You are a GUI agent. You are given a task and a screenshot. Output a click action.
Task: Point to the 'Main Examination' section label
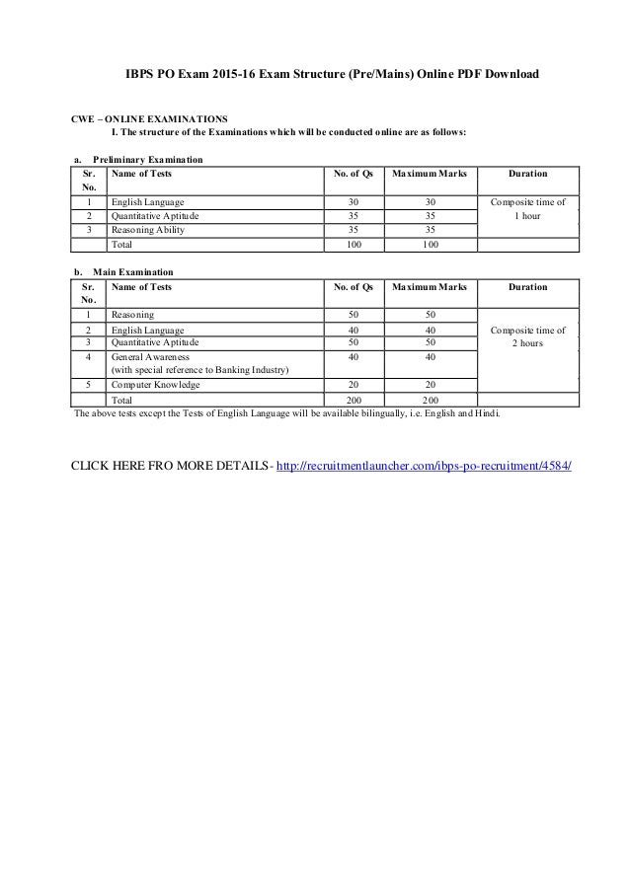(x=132, y=271)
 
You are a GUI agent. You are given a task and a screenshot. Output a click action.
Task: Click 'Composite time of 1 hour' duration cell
(x=527, y=207)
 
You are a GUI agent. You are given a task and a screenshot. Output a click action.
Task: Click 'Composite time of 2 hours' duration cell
(x=527, y=336)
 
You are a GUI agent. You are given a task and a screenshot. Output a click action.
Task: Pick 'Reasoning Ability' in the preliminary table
(x=147, y=230)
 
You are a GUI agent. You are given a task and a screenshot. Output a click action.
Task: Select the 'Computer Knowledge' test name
(x=155, y=385)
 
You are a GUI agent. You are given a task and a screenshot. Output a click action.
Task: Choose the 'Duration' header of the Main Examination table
(x=527, y=286)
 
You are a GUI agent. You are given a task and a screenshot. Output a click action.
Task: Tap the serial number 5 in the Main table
(x=89, y=385)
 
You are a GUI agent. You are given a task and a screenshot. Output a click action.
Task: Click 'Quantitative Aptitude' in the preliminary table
(x=154, y=215)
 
